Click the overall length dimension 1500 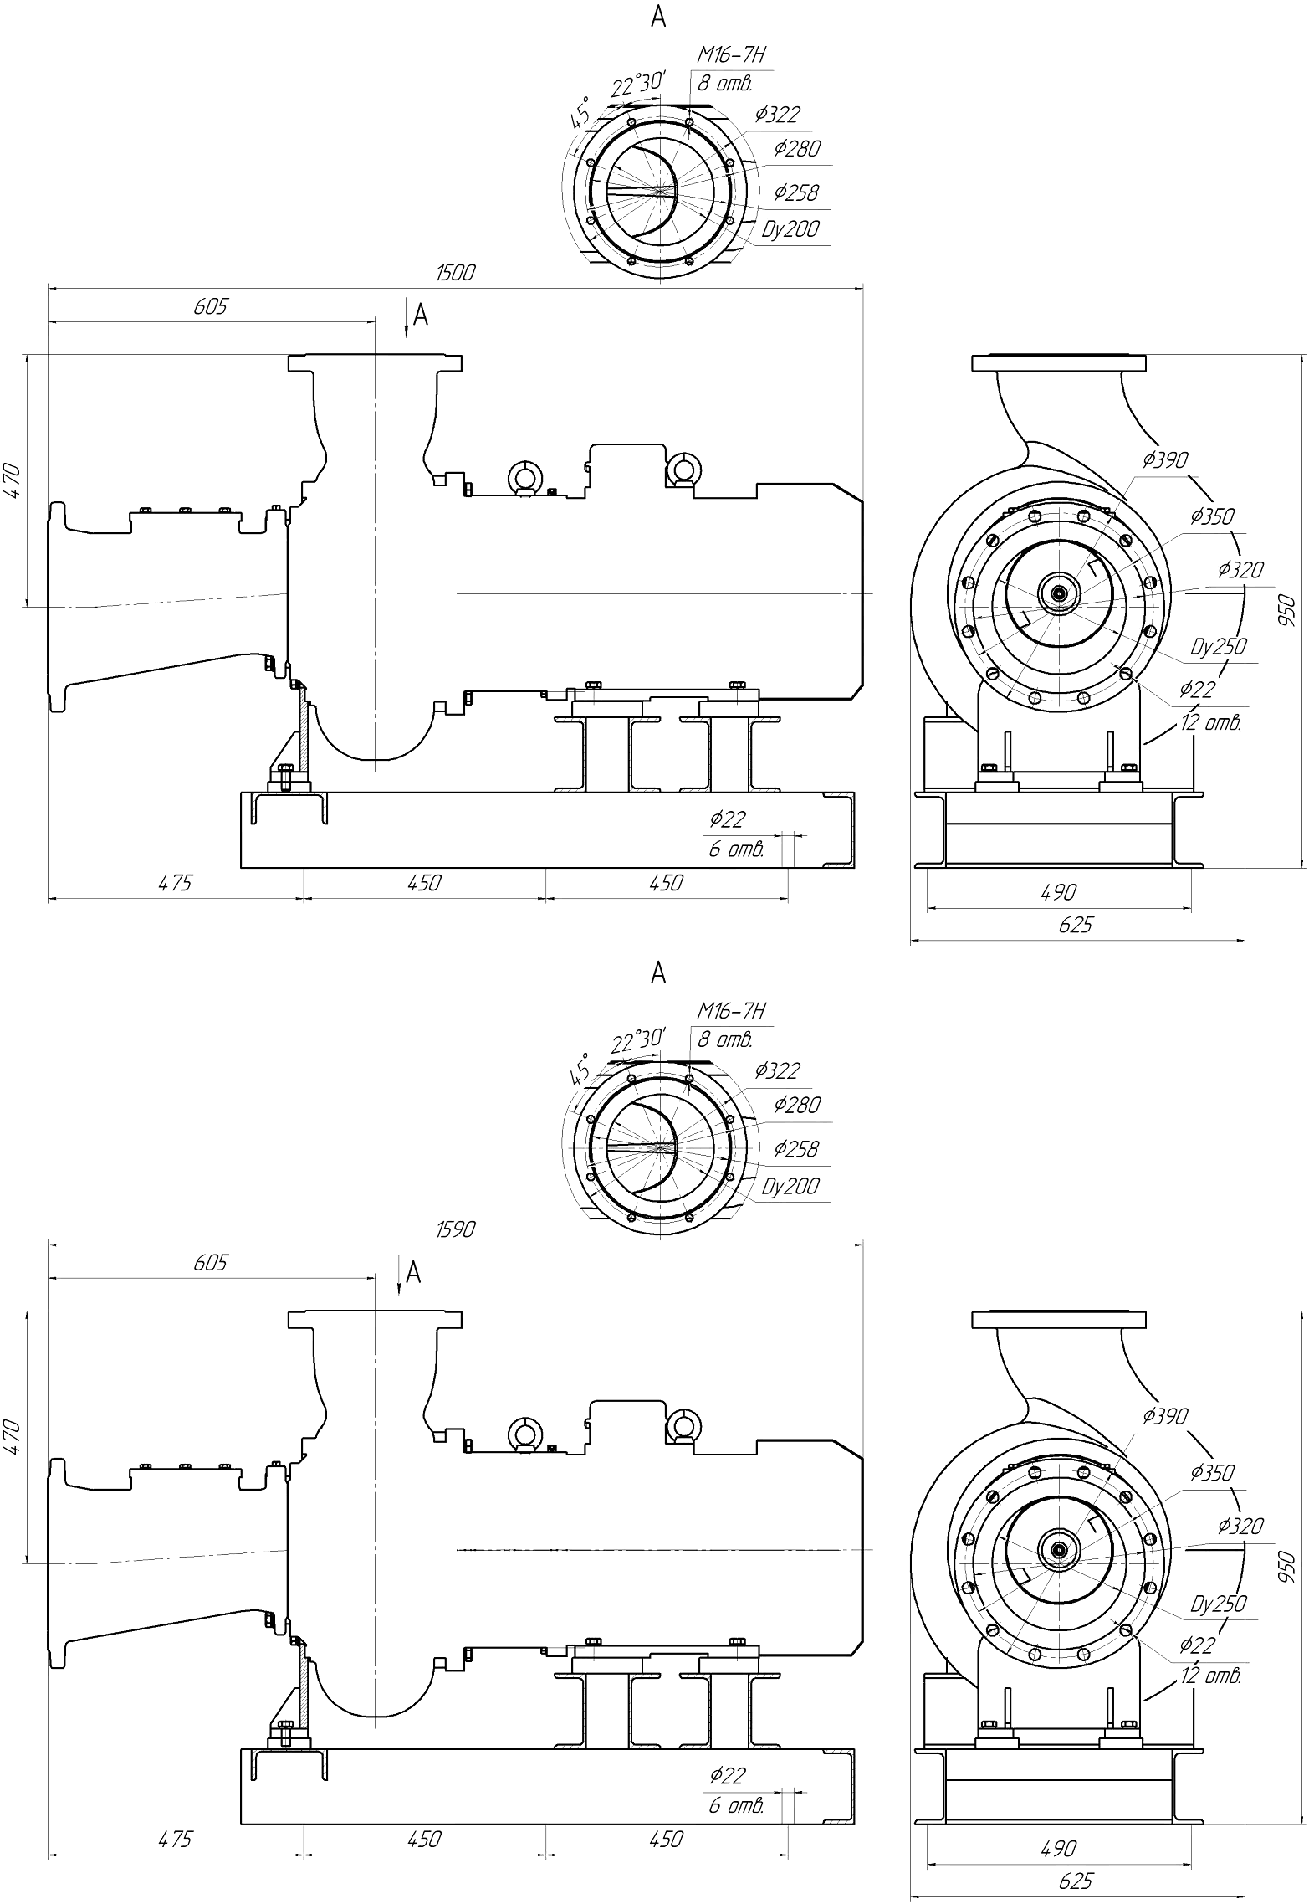(x=455, y=272)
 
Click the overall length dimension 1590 (x=455, y=1229)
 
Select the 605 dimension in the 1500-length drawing (x=210, y=306)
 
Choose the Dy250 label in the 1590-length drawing (x=1218, y=1604)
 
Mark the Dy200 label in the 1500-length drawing (x=790, y=228)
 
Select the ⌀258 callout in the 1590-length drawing (x=795, y=1149)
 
